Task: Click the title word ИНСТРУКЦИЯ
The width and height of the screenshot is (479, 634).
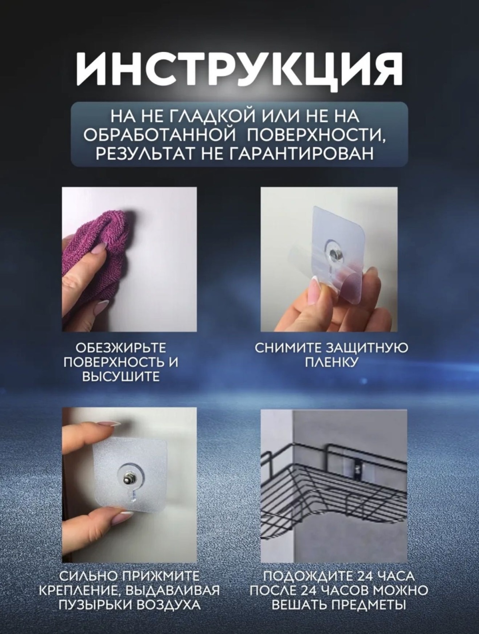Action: [x=239, y=69]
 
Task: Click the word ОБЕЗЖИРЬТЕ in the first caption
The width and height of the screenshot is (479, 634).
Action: [x=121, y=348]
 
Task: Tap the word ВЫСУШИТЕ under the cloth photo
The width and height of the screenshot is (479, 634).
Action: [x=121, y=377]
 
